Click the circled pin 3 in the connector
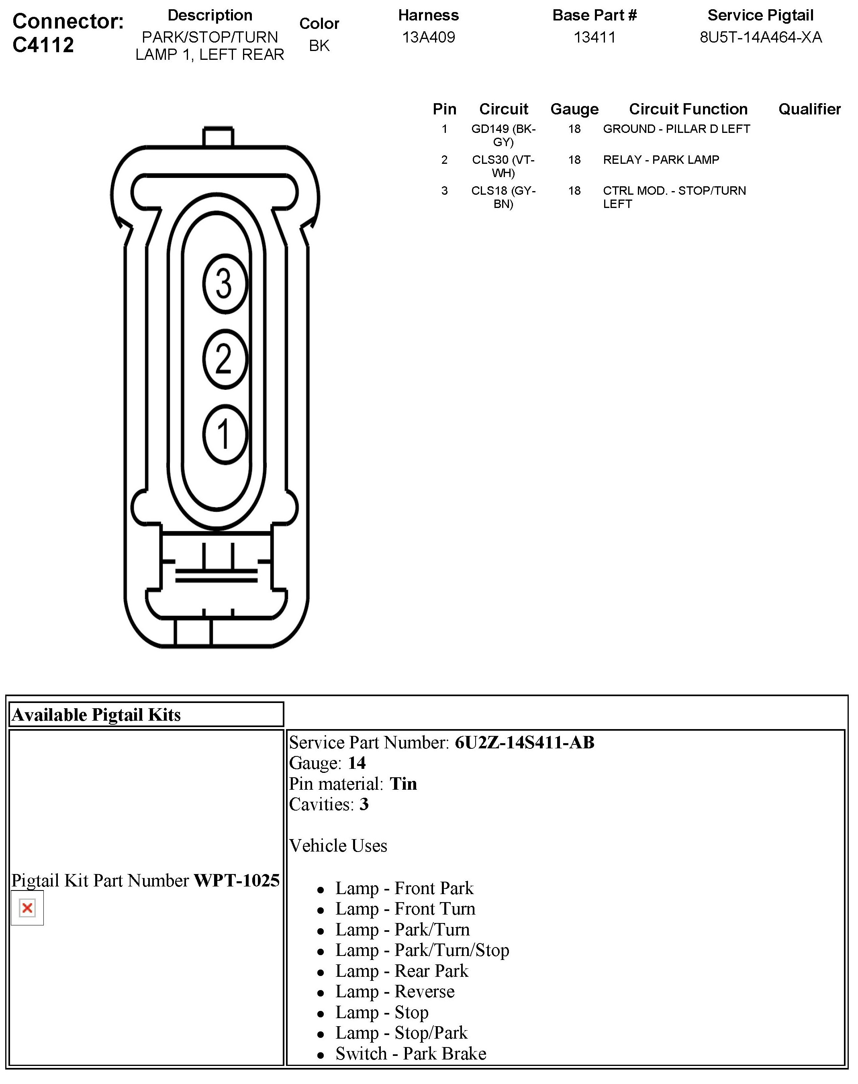pos(225,284)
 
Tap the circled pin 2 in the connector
pos(225,359)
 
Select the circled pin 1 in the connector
pos(225,434)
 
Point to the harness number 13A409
pos(429,37)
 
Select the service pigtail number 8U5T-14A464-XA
pos(760,37)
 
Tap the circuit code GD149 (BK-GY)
pos(503,135)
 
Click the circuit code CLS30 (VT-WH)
pos(503,166)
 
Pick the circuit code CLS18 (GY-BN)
pos(503,197)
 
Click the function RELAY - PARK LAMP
pos(661,160)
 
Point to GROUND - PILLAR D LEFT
pos(676,129)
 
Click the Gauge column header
pos(574,109)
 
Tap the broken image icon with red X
pos(27,908)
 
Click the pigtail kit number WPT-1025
pos(237,880)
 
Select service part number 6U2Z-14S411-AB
pos(525,742)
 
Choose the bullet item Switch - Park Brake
pos(411,1053)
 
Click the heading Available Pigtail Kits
pos(96,715)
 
